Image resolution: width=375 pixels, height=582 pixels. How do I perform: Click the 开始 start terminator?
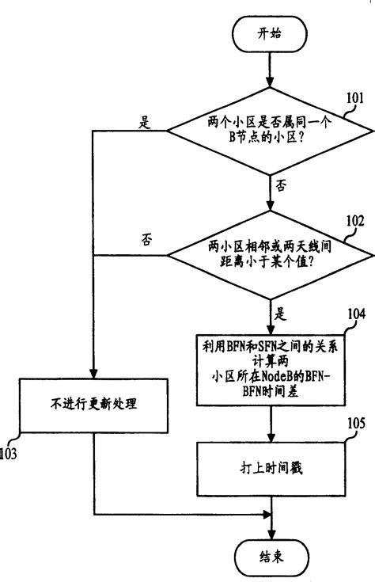click(270, 34)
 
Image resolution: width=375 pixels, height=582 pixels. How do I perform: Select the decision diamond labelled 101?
click(270, 131)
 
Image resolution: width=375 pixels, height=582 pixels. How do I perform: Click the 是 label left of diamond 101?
click(145, 122)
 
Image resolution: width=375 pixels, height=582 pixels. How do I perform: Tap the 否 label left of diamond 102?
click(145, 239)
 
